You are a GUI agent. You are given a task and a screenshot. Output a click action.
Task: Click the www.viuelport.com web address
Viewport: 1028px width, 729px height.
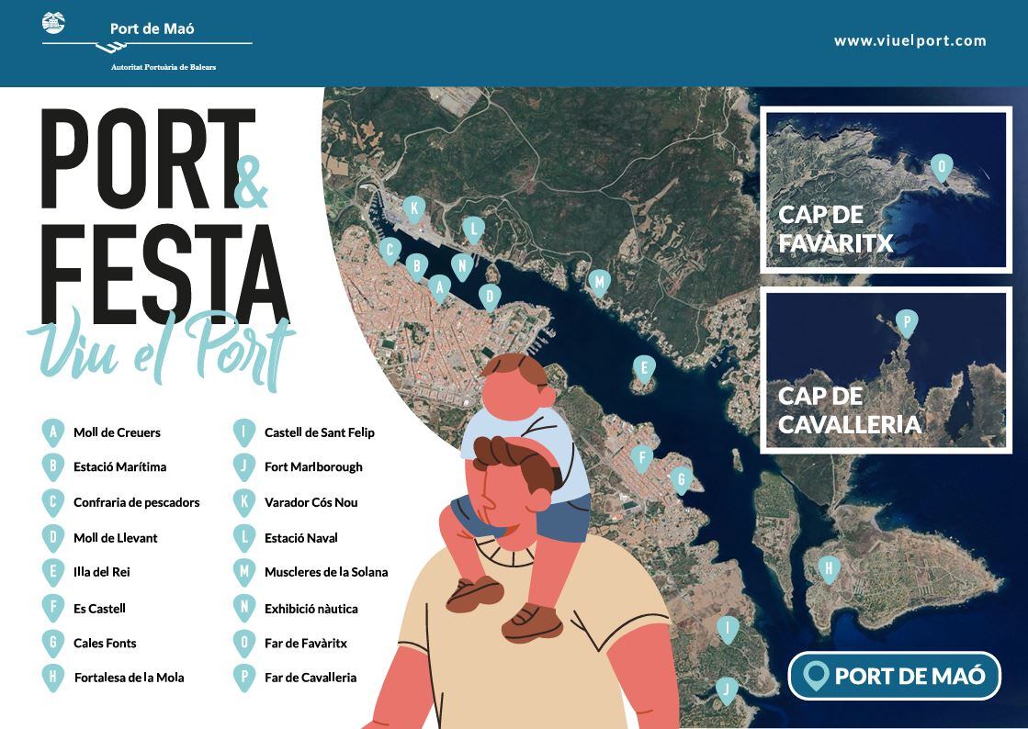pos(909,40)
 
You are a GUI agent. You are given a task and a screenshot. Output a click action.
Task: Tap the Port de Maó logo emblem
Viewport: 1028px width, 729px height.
pos(53,23)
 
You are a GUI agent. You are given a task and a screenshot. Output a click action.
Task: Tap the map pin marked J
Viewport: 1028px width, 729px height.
pos(727,690)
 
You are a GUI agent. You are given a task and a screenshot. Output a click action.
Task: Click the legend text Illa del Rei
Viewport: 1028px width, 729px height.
pos(102,572)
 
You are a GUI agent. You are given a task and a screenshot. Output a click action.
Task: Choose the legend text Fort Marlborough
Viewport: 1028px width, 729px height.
pos(313,466)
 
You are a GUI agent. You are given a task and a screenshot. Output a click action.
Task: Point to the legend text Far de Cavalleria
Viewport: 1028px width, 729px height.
pos(311,678)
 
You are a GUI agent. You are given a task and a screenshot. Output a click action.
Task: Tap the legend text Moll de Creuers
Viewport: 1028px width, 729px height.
pos(117,432)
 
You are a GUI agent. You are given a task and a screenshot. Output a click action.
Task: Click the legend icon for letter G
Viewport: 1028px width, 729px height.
pos(53,643)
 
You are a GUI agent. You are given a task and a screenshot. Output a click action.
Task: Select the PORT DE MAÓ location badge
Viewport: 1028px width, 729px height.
pos(894,676)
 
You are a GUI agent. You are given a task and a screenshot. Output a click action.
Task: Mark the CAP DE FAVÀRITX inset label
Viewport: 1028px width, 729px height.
pos(835,229)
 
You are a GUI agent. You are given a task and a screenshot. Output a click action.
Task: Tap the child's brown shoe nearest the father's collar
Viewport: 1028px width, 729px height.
pos(472,591)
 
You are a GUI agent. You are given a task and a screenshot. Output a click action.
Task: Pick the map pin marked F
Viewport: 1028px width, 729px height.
pos(642,457)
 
